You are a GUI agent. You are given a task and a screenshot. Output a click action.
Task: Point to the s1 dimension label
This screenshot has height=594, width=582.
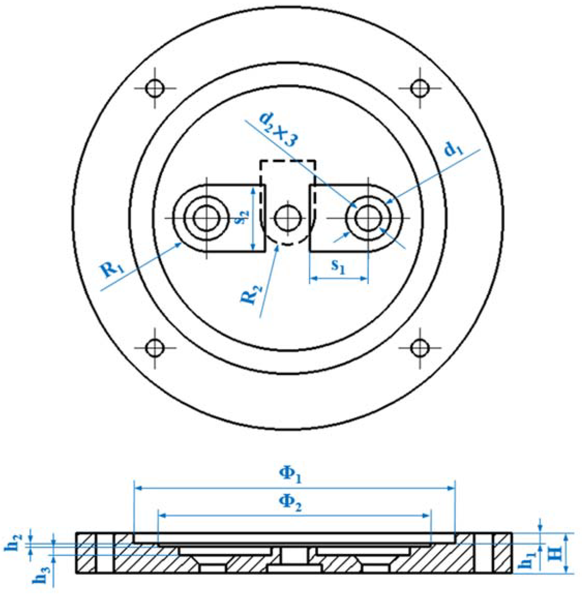click(x=338, y=266)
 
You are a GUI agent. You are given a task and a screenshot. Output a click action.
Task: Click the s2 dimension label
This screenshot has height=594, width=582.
click(x=244, y=217)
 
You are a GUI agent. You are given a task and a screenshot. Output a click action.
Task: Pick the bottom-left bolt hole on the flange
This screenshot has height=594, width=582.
click(x=155, y=348)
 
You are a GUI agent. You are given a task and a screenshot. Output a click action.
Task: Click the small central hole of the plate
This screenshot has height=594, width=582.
click(x=288, y=218)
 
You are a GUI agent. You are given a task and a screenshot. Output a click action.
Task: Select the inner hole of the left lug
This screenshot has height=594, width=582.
click(x=206, y=218)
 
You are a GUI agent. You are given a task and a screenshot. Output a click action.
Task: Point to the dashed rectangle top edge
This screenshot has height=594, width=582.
click(x=287, y=160)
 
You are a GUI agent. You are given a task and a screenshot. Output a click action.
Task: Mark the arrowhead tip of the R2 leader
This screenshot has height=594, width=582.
click(x=278, y=244)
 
